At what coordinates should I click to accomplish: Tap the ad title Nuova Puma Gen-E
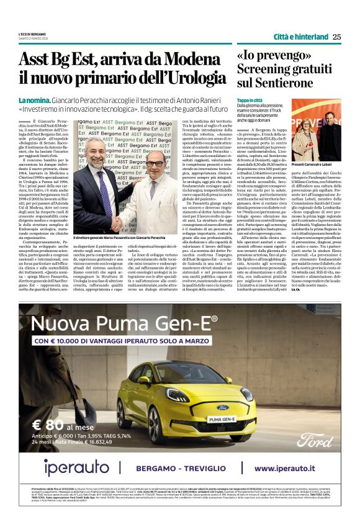(125, 324)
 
